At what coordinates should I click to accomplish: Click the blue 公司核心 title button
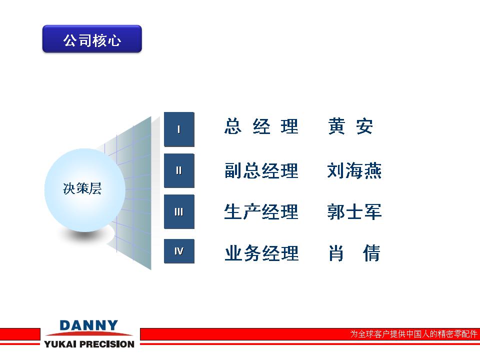coord(92,39)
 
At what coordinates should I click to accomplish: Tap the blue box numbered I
coord(179,129)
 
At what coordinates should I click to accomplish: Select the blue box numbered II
coord(179,170)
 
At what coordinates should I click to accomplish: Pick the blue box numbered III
coord(179,211)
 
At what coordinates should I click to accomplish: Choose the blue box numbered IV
coord(179,251)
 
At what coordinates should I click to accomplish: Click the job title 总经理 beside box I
coord(261,126)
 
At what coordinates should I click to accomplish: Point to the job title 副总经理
coord(261,170)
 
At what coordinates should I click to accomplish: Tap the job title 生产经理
coord(261,211)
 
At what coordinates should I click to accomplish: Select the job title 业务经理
coord(261,253)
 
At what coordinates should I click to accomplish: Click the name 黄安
coord(350,126)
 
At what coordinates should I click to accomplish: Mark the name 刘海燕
coord(354,170)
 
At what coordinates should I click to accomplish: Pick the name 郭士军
coord(354,211)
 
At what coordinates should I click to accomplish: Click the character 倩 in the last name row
coord(371,253)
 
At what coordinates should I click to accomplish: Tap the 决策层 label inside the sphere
coord(82,188)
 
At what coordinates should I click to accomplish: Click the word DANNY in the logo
coord(89,325)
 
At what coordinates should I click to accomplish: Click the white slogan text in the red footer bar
coord(413,334)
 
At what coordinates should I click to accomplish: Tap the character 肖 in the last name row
coord(336,253)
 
